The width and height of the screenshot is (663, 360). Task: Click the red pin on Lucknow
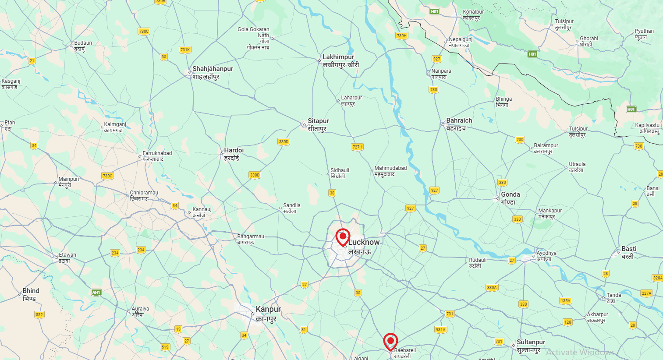click(x=343, y=236)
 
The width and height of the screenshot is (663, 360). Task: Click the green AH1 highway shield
click(x=96, y=292)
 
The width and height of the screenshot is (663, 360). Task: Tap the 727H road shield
click(x=357, y=147)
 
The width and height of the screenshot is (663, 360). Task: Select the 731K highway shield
click(x=185, y=50)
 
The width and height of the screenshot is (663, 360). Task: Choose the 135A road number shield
click(x=565, y=301)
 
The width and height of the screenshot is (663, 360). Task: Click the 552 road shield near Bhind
click(x=39, y=314)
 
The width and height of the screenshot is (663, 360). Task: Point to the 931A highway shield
click(x=440, y=330)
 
